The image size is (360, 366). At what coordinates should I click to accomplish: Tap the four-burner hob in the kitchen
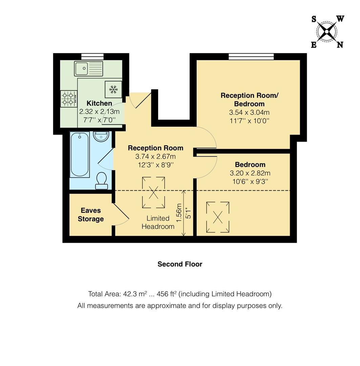point(69,98)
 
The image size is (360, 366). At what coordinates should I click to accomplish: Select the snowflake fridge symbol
point(113,89)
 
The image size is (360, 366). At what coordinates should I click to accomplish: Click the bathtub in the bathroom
point(80,155)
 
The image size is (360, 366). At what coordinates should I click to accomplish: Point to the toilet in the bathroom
point(102,181)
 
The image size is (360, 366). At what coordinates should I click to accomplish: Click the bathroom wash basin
point(101,137)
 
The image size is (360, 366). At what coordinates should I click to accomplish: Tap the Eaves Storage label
point(90,215)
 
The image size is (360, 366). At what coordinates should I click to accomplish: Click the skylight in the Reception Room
point(153,192)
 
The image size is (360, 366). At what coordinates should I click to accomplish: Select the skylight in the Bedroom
point(218,217)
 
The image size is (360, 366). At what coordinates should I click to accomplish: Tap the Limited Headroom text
point(158,222)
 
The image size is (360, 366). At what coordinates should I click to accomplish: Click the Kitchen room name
point(99,103)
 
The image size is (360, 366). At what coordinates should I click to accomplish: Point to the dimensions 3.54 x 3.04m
point(250,112)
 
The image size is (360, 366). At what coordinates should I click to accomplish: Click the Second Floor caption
point(179,264)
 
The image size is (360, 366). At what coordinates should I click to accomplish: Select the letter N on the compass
point(340,44)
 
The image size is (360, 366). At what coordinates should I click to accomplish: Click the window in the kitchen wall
point(92,57)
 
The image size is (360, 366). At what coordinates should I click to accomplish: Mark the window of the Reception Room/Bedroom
point(251,57)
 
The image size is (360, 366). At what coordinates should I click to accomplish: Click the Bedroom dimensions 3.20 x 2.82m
point(250,173)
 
